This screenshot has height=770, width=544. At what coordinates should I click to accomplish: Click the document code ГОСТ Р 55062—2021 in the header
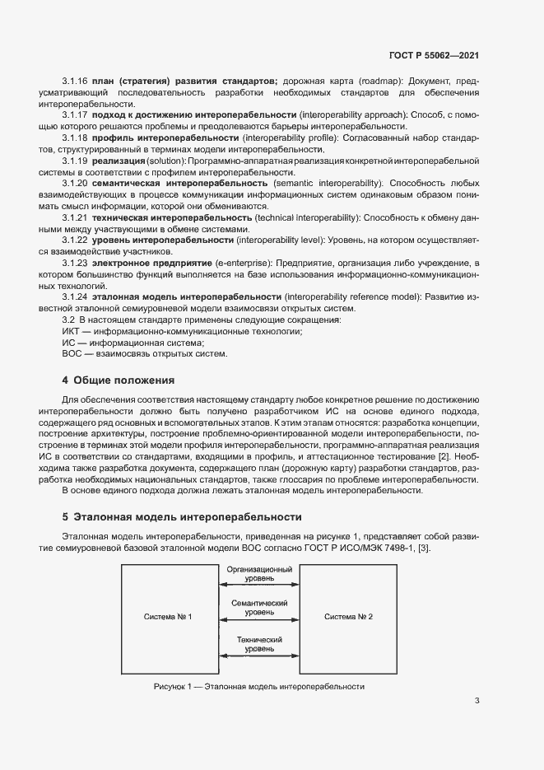pos(434,55)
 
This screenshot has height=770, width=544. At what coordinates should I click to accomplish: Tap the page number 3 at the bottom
pos(477,701)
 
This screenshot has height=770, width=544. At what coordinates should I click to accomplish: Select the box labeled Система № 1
pos(168,617)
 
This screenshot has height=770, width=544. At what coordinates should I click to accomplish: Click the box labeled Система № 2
pos(348,617)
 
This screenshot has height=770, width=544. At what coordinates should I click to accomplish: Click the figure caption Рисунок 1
pos(258,686)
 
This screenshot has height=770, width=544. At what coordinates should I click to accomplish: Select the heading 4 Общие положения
pos(119,380)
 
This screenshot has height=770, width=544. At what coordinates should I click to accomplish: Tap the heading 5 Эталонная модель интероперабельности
pos(182,517)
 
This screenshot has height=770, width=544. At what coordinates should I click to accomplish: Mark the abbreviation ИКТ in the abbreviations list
pos(73,331)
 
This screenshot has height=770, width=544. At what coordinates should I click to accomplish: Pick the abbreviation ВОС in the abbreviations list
pos(73,354)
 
